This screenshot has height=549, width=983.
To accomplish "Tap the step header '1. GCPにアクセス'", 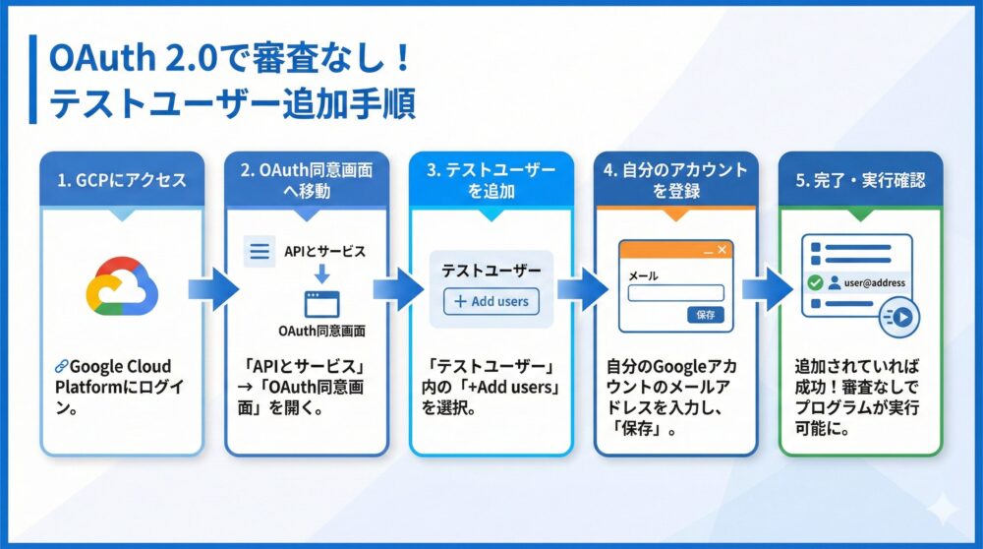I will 120,180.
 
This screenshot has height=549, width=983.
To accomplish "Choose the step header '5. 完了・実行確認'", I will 860,180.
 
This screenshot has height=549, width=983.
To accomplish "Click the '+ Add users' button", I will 491,301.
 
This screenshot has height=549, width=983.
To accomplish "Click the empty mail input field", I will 675,293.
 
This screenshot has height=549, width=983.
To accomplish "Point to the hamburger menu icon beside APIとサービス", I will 260,251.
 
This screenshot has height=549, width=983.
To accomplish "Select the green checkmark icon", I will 814,282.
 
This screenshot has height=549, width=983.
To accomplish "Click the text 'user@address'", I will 872,282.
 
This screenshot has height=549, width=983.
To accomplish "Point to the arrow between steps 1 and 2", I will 214,290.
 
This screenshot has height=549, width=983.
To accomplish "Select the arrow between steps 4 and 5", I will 768,290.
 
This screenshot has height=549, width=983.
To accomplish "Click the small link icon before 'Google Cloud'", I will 61,366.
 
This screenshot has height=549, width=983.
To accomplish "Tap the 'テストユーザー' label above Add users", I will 491,270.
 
